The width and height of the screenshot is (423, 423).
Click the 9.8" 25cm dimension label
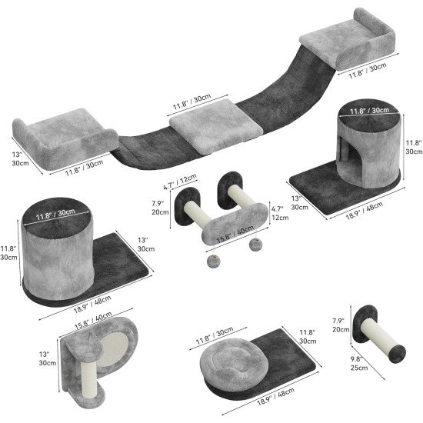(359, 363)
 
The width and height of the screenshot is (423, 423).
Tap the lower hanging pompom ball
(212, 261)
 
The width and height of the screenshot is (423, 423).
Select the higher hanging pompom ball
(255, 245)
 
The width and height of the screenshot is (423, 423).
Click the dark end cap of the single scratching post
(397, 354)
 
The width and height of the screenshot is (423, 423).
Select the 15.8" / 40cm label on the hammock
(235, 234)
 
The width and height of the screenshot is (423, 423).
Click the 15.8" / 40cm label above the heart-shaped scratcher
(93, 320)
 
